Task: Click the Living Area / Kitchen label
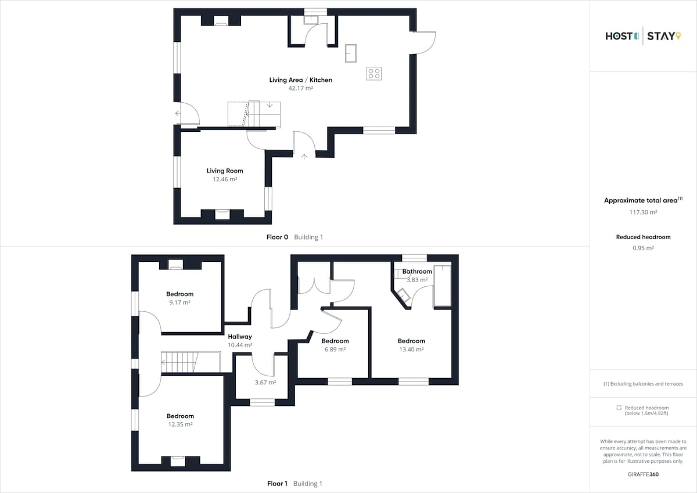[x=301, y=80]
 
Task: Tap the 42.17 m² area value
[x=301, y=88]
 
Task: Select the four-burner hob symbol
[x=374, y=74]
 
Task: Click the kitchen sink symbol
[x=351, y=53]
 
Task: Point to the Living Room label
[x=225, y=171]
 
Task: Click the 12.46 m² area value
[x=225, y=179]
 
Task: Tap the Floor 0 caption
[x=277, y=237]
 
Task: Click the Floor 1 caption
[x=278, y=484]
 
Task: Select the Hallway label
[x=239, y=337]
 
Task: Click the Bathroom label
[x=417, y=272]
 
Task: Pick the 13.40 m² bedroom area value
[x=411, y=350]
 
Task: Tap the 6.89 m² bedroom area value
[x=335, y=350]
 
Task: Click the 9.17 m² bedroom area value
[x=180, y=303]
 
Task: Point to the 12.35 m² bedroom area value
[x=181, y=424]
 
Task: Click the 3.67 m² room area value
[x=265, y=382]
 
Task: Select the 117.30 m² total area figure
[x=643, y=212]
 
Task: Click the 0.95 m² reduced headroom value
[x=643, y=248]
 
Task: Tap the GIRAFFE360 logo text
[x=643, y=474]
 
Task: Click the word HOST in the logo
[x=619, y=37]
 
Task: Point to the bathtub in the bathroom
[x=443, y=286]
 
